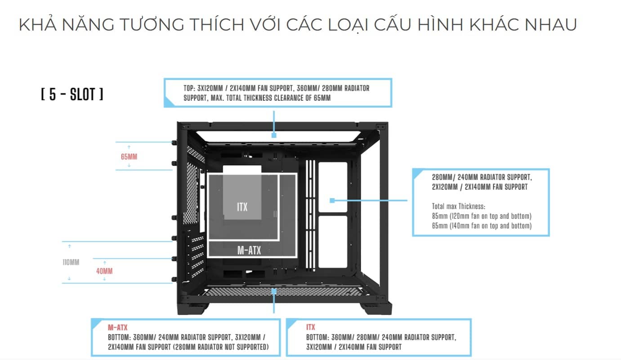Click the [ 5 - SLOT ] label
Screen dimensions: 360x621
click(72, 95)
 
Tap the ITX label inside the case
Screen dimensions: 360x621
click(242, 207)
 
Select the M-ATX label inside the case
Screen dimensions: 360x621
click(249, 250)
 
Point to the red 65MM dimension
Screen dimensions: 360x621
click(129, 157)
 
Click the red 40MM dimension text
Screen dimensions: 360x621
click(104, 271)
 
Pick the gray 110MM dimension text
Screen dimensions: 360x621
click(71, 262)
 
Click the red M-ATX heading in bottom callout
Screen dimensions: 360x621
click(117, 328)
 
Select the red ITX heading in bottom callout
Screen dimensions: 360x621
click(310, 327)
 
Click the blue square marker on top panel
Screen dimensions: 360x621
click(273, 135)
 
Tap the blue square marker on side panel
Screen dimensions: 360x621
click(332, 200)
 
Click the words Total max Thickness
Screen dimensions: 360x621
click(458, 207)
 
